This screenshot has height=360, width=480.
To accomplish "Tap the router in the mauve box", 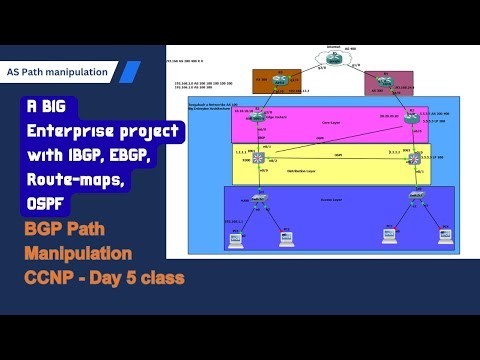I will point(382,84).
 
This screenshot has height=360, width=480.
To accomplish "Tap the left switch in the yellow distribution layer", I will point(257,158).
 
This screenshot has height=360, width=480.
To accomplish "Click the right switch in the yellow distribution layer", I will point(413,158).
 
